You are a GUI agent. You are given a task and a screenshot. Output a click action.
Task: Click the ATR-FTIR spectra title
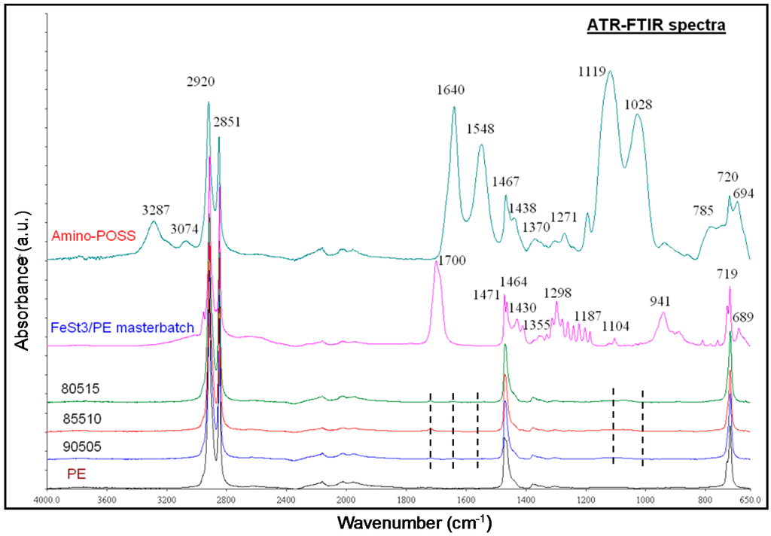pos(655,26)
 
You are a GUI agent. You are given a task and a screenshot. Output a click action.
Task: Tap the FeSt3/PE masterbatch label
pos(123,327)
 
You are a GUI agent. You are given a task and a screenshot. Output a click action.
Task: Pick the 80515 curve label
pos(81,389)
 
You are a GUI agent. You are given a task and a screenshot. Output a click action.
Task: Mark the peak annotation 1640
pos(449,91)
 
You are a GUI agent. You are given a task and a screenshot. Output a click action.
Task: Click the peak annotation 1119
pos(594,72)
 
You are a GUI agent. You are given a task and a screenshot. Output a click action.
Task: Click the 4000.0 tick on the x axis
pos(47,498)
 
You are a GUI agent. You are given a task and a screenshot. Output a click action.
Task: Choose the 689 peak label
pos(745,317)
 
